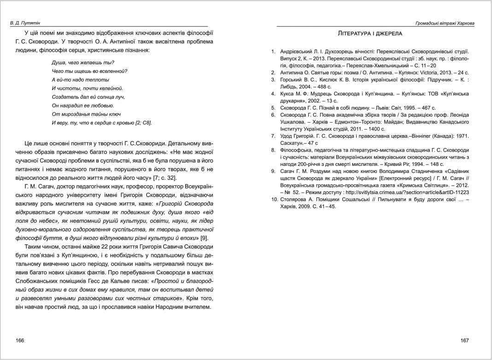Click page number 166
tap(20, 340)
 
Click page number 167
tap(464, 340)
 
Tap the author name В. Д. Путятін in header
tap(27, 23)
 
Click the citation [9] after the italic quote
tap(204, 238)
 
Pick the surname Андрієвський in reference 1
tap(299, 51)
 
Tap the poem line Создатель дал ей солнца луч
tap(88, 97)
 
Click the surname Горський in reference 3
tap(293, 80)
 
